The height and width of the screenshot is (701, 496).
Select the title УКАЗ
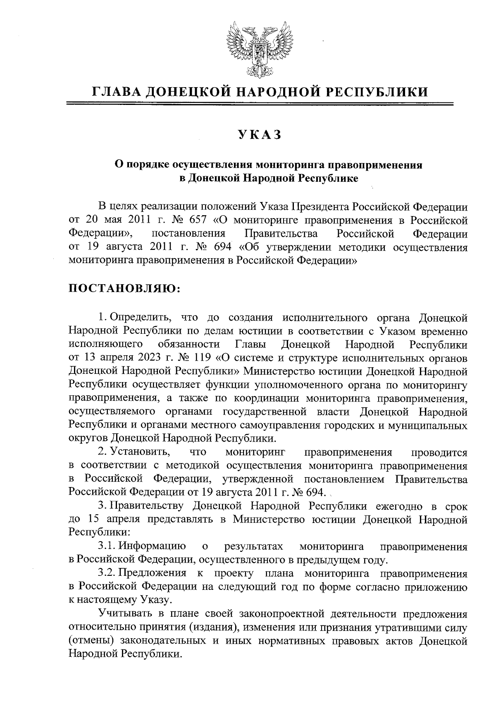[259, 135]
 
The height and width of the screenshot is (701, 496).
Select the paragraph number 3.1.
[107, 547]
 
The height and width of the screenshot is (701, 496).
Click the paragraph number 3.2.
[107, 574]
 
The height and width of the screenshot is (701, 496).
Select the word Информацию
[151, 547]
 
